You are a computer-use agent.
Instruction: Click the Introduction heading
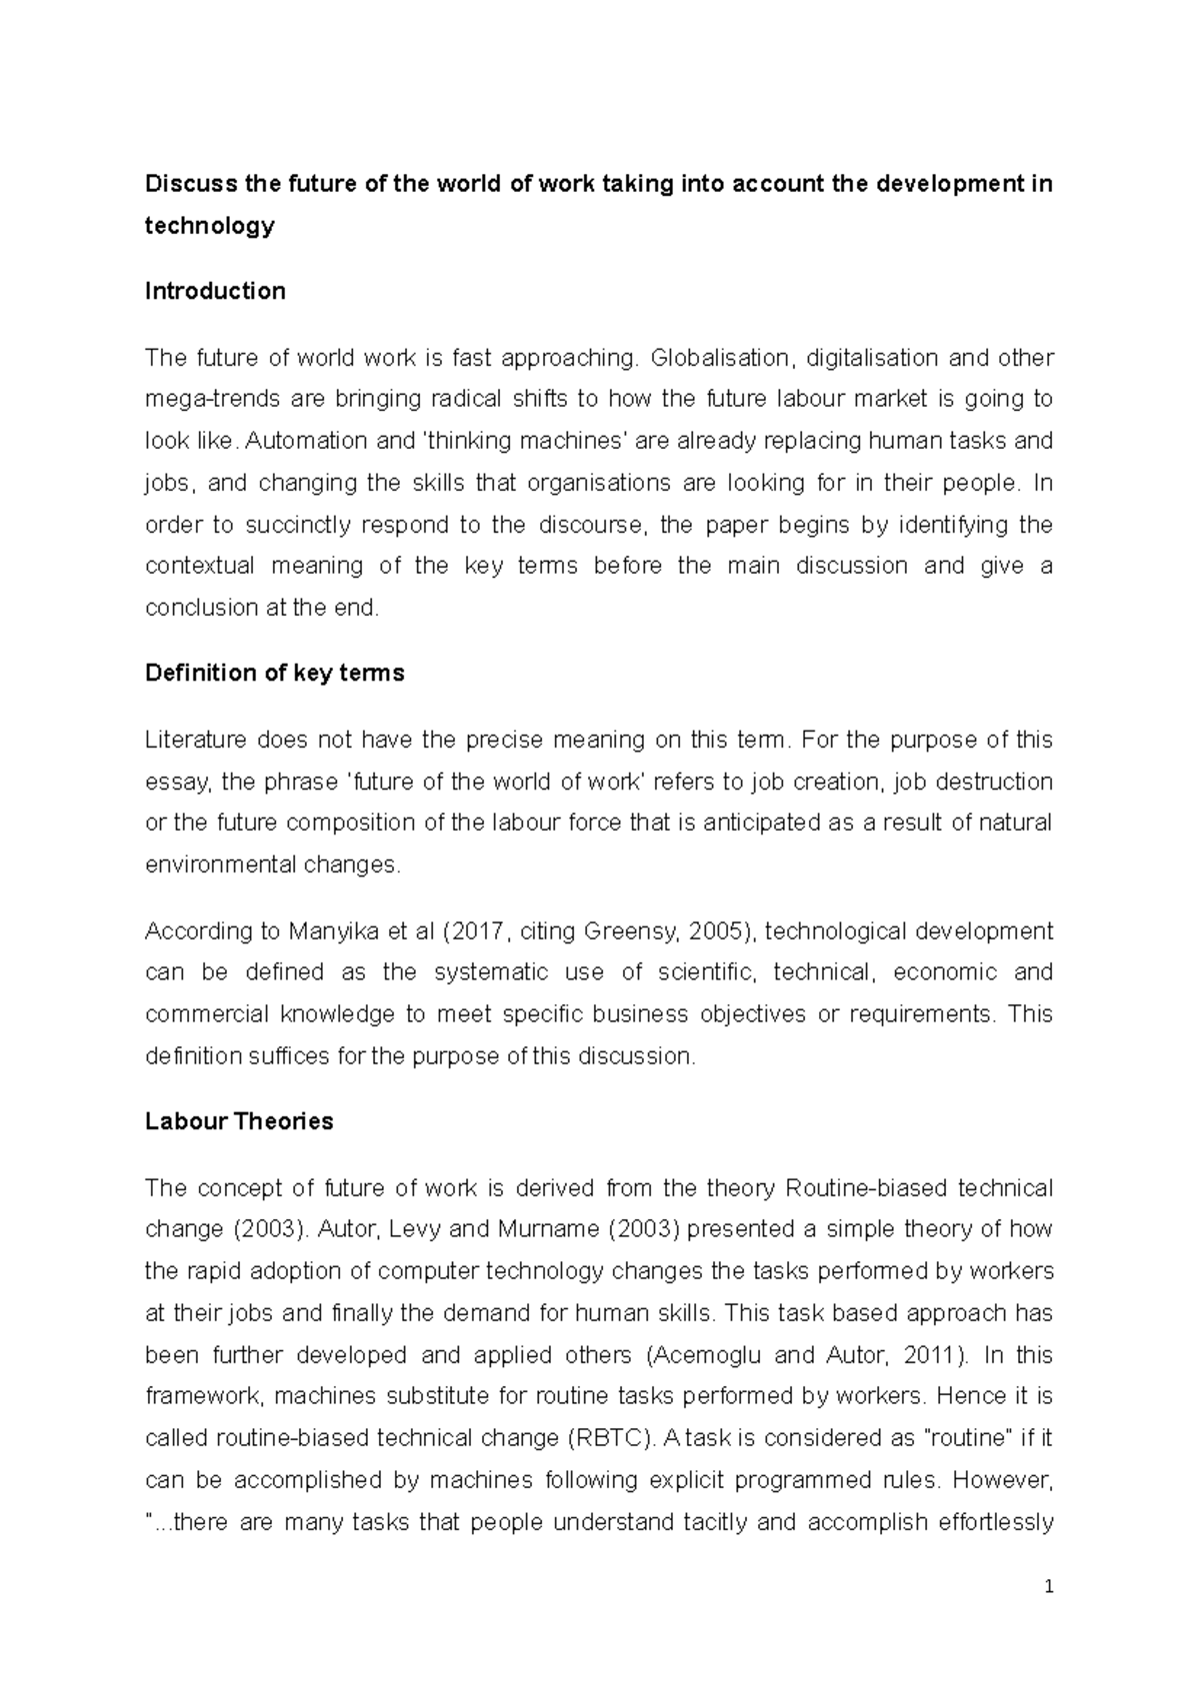[x=215, y=291]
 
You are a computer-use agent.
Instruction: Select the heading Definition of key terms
[x=274, y=674]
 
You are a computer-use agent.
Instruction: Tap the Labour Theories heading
[x=239, y=1121]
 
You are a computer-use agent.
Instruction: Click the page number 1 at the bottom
[x=1048, y=1587]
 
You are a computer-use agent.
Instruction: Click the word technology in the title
[x=209, y=226]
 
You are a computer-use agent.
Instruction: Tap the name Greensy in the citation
[x=639, y=931]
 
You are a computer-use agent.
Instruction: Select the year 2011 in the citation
[x=931, y=1355]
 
